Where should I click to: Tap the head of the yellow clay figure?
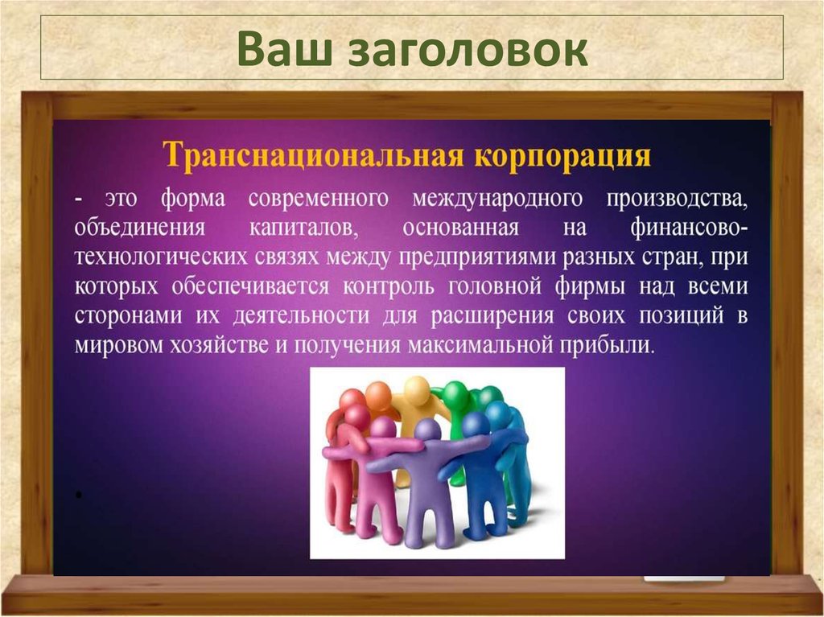(x=417, y=390)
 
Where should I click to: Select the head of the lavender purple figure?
(x=426, y=430)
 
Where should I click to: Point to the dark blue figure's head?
(x=476, y=423)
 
